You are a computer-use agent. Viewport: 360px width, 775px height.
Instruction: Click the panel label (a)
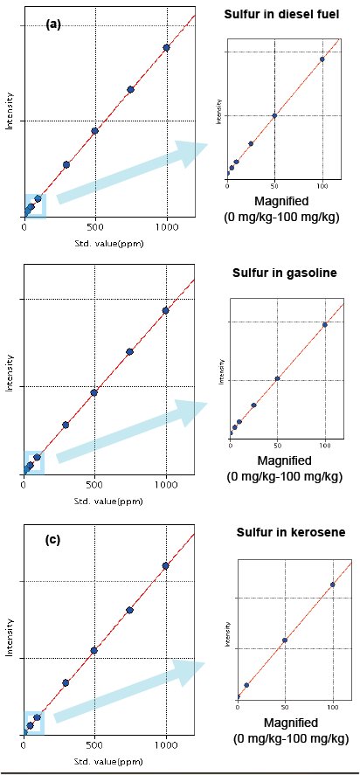[53, 25]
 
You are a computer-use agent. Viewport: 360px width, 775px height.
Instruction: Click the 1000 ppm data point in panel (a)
[166, 47]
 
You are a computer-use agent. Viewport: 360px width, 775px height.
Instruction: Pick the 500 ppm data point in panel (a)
[94, 131]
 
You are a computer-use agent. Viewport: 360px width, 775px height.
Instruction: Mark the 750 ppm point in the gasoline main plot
[130, 351]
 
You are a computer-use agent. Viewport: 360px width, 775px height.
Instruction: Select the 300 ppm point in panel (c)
[66, 682]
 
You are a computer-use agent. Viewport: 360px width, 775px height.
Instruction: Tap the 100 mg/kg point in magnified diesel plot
[322, 59]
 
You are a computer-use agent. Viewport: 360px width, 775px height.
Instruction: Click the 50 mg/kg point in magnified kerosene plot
[284, 640]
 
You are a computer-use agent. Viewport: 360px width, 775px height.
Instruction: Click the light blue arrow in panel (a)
[131, 175]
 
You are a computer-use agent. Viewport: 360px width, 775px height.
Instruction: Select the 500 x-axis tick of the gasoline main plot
[94, 482]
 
